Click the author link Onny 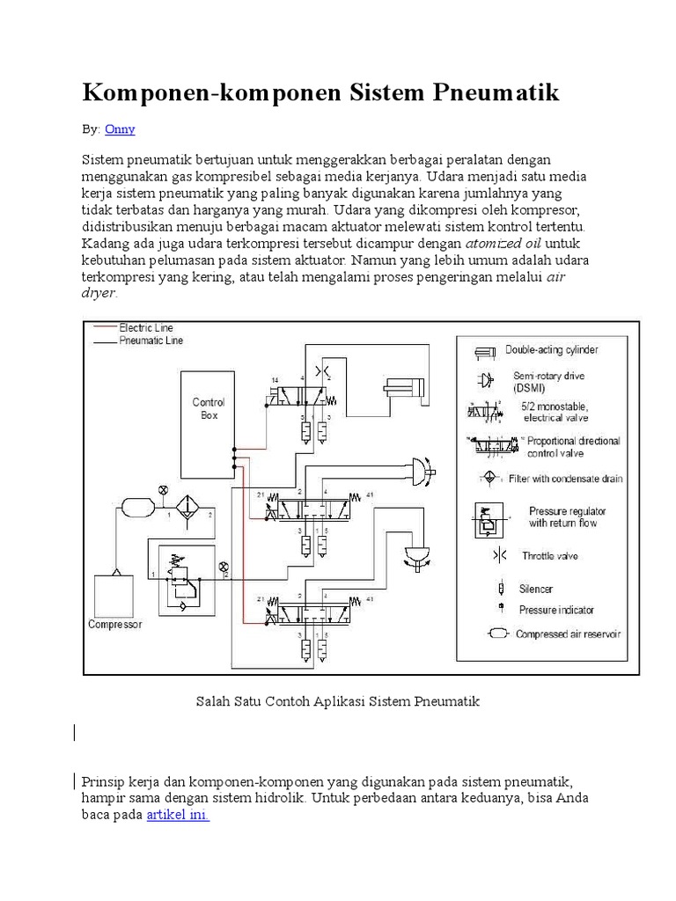click(120, 129)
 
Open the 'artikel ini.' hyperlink click(177, 815)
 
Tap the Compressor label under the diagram click(115, 626)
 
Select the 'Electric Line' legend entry click(148, 326)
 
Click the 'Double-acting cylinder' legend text click(551, 349)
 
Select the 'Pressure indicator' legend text click(556, 609)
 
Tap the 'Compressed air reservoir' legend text click(568, 634)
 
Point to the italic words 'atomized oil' click(503, 243)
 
